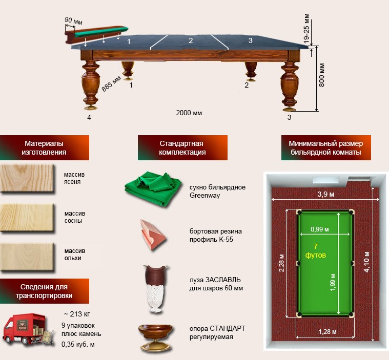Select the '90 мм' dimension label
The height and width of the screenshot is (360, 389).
[74, 20]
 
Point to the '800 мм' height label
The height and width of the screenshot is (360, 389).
[322, 75]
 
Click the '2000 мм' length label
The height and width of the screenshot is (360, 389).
[189, 113]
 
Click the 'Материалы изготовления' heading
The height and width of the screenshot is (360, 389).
[46, 148]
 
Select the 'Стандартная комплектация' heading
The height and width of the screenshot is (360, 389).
[182, 148]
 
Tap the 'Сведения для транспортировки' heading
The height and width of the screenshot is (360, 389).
[46, 291]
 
